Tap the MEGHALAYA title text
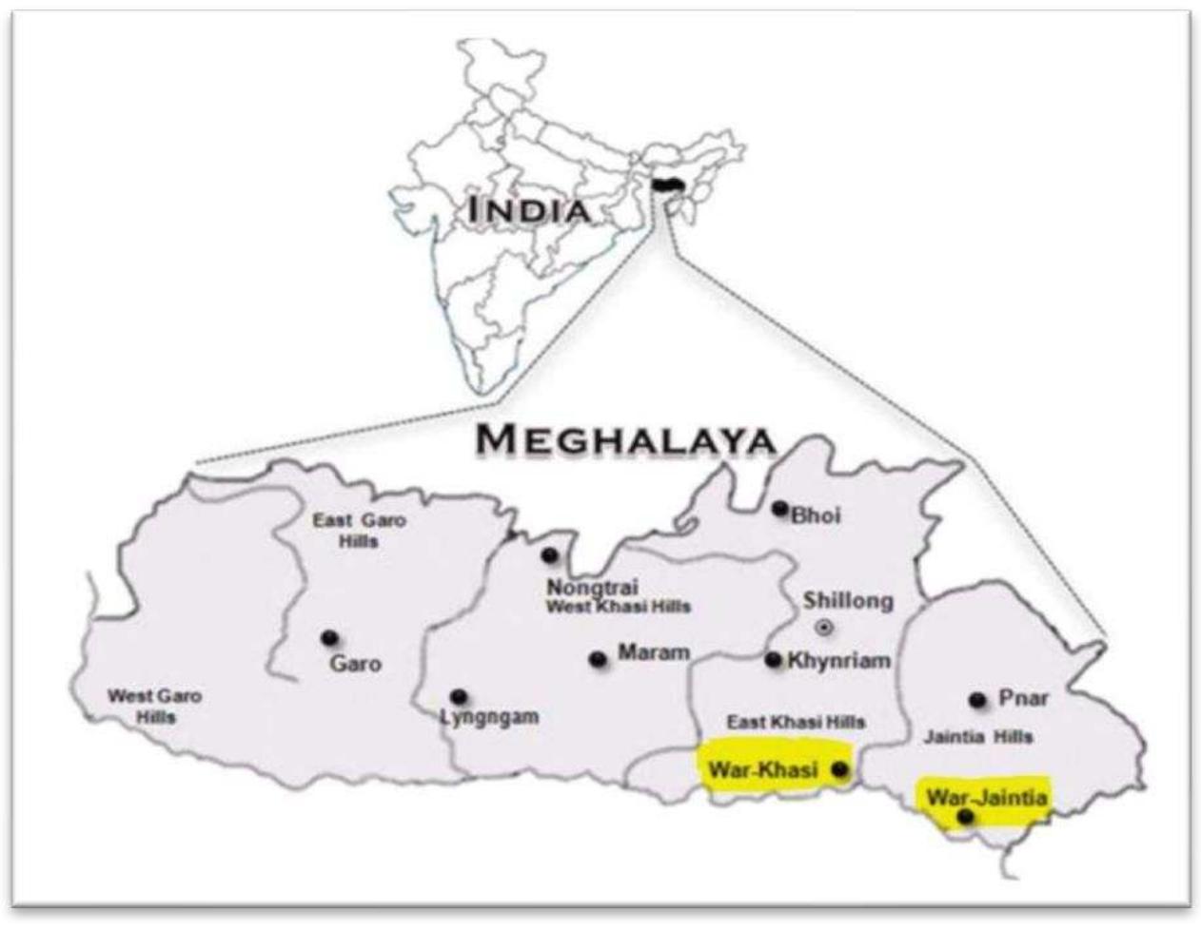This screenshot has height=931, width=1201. click(626, 439)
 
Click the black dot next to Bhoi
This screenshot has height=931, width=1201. click(779, 509)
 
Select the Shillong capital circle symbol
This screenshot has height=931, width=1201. click(824, 627)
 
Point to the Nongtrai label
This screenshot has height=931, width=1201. click(592, 587)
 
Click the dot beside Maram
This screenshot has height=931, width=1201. click(598, 659)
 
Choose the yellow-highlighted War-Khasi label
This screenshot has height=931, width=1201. click(763, 769)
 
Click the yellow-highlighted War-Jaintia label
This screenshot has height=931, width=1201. click(987, 797)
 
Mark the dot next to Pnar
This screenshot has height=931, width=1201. click(976, 700)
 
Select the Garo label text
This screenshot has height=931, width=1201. click(355, 663)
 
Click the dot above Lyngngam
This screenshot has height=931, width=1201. click(459, 696)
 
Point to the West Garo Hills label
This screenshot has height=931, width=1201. click(154, 706)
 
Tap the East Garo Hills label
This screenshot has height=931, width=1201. click(359, 530)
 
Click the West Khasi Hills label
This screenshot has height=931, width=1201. click(618, 606)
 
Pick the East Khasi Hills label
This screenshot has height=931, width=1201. click(796, 722)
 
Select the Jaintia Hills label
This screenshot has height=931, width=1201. click(978, 736)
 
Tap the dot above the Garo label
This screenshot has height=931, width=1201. click(329, 637)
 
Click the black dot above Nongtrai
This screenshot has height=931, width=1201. click(548, 554)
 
